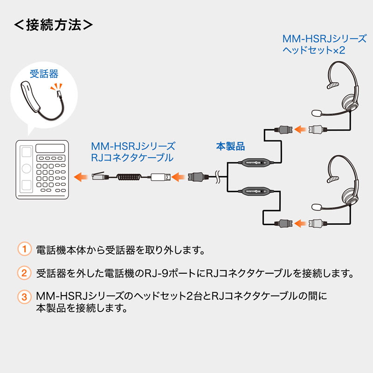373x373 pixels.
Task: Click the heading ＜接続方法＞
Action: [53, 24]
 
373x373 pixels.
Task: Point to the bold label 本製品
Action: [230, 146]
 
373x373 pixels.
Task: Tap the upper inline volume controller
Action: [255, 163]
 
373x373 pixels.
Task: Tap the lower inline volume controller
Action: [255, 191]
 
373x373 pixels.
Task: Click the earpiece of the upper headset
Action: [350, 100]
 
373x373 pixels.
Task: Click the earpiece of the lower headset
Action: [350, 191]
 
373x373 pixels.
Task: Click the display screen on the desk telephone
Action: [51, 149]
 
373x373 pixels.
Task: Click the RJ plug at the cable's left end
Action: [98, 177]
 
